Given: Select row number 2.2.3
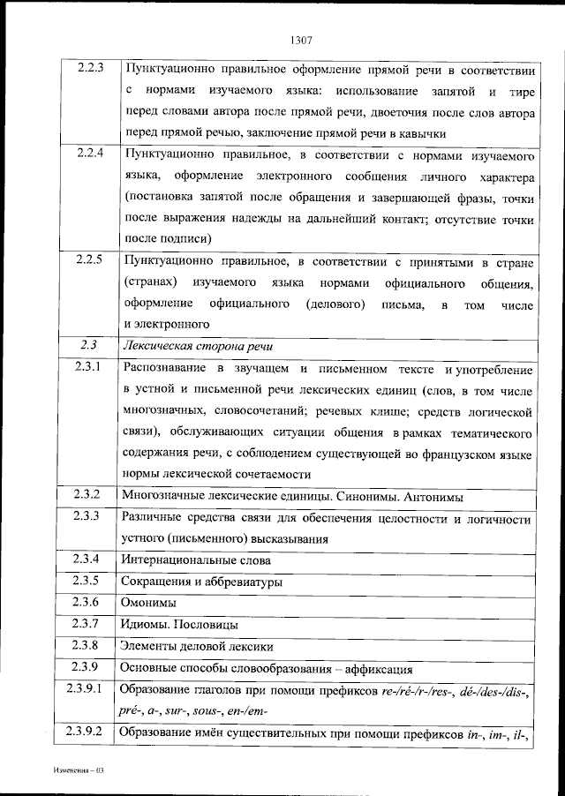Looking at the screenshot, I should pos(90,68).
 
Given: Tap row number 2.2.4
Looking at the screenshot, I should pos(90,154).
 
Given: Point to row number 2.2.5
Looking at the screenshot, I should pos(90,260).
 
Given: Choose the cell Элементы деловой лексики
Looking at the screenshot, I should pos(198,646).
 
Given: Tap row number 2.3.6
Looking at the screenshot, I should pos(90,603).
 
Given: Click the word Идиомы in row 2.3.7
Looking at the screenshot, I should pos(147,624).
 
